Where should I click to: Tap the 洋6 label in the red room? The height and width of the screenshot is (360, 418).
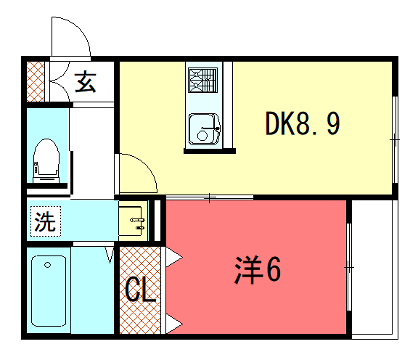point(257,270)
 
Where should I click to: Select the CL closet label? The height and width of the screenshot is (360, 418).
point(140,292)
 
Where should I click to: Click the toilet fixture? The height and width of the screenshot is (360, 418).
point(46,160)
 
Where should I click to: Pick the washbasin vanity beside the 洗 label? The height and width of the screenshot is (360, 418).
point(134,219)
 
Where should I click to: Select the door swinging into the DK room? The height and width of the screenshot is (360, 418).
point(137,172)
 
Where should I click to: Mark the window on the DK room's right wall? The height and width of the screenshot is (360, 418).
point(390,130)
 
